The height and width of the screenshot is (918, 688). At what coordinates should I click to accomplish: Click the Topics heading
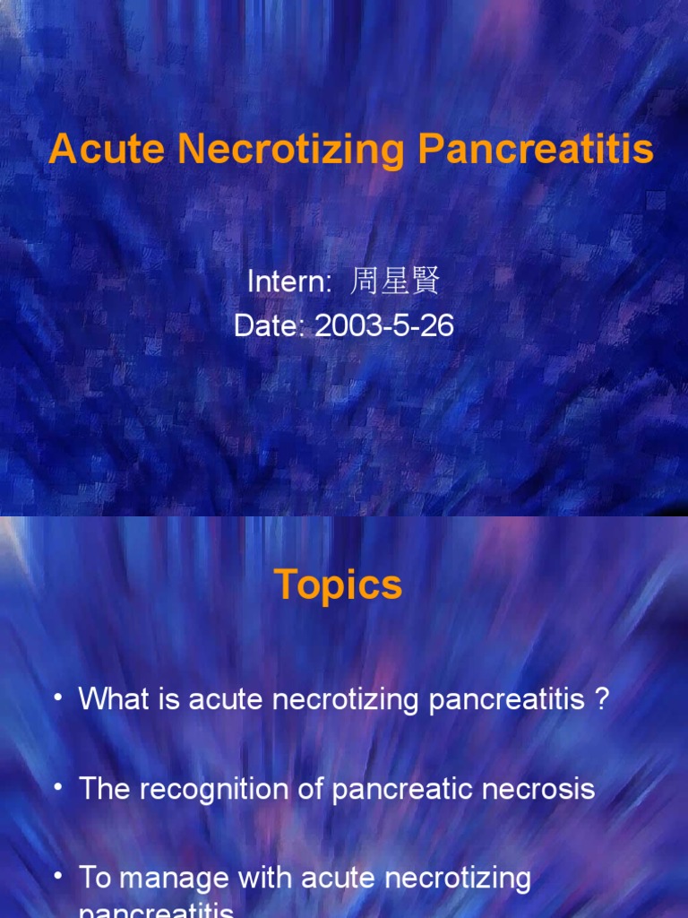click(338, 585)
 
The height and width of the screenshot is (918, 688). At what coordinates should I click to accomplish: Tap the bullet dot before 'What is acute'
click(58, 698)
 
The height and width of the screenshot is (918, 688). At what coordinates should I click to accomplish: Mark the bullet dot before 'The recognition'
click(58, 788)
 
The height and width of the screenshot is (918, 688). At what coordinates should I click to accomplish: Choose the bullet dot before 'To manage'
click(58, 878)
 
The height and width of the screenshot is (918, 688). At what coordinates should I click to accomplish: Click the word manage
click(173, 878)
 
